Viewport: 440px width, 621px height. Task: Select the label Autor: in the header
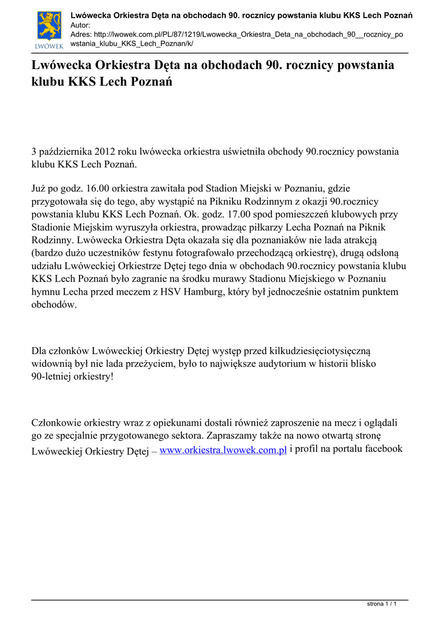click(81, 25)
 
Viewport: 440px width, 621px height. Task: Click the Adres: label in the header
click(83, 35)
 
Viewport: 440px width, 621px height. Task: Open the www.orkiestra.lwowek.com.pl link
click(223, 449)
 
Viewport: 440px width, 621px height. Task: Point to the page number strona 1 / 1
click(382, 605)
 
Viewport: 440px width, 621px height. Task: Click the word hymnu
click(46, 292)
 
